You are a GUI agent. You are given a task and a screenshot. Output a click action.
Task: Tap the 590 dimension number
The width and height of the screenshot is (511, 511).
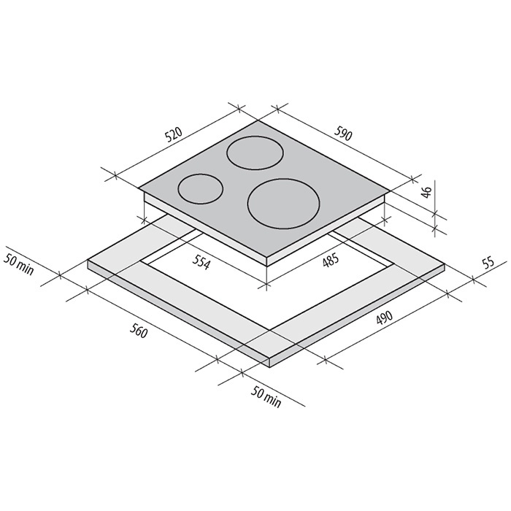coord(343,134)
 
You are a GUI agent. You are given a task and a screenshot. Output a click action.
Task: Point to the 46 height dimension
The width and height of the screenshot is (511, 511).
coord(426,191)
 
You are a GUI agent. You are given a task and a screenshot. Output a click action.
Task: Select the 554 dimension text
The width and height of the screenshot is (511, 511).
coord(200,262)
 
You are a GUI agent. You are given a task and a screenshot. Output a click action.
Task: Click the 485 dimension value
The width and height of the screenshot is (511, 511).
coord(331,261)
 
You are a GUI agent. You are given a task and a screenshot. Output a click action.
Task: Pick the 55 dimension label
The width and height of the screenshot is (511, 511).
coord(488,262)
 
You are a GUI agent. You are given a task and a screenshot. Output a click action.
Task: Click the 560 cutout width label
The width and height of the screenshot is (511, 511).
coord(139,331)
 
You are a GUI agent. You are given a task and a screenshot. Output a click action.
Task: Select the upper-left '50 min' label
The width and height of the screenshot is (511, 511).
coord(18,264)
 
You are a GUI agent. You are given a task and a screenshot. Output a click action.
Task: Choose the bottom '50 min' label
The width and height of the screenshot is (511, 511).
coord(266,396)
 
